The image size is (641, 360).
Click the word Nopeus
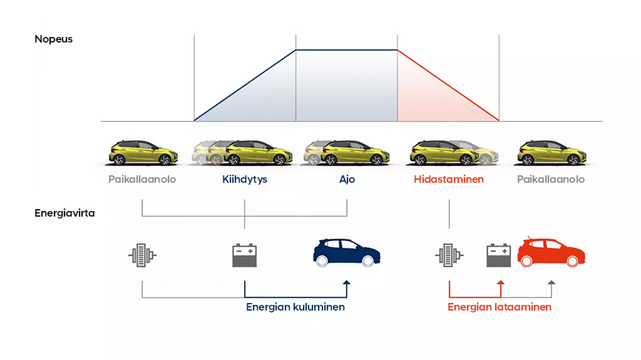[54, 39]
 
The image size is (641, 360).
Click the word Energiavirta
[64, 213]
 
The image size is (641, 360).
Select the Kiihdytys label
[245, 180]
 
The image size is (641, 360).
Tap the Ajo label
[347, 180]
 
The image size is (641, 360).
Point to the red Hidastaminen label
[448, 179]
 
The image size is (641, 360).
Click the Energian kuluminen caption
[295, 307]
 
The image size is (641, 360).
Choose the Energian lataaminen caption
[499, 307]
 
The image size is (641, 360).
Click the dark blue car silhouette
[347, 252]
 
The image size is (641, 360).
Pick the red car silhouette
[551, 252]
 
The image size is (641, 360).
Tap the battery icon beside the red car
[498, 255]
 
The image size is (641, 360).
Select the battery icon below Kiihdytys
[245, 255]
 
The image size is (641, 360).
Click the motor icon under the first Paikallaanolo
[142, 255]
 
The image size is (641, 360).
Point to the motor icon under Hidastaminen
[449, 255]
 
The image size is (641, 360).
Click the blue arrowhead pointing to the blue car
[347, 283]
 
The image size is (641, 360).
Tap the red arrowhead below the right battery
[500, 283]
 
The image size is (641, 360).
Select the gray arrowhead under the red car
[551, 283]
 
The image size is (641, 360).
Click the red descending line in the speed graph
[448, 86]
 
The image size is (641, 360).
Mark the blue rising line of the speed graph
[245, 86]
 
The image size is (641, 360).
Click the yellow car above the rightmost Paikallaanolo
[552, 153]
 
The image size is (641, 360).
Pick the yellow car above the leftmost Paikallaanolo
[143, 153]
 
